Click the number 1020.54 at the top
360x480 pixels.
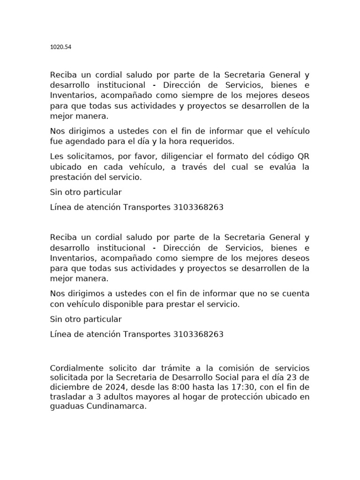point(60,47)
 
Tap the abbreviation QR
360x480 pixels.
point(303,156)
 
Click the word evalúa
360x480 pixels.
point(285,167)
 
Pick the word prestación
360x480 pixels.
point(70,178)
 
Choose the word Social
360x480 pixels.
point(240,378)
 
